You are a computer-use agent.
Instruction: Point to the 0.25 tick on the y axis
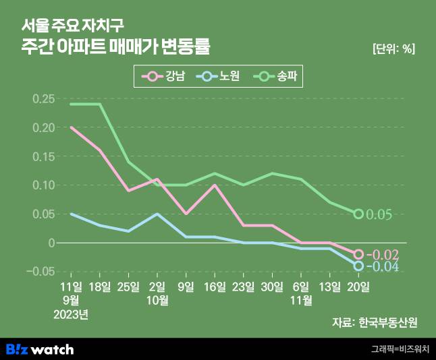coord(44,98)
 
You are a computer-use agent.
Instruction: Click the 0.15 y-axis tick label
coord(44,156)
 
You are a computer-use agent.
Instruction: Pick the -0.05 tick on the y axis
coord(42,271)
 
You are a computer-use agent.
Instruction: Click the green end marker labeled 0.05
coord(358,214)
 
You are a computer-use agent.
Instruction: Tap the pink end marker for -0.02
coord(358,254)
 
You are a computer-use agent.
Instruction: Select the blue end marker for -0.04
coord(358,266)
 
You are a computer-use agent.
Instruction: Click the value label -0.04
coord(383,267)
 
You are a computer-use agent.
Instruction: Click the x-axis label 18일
coord(100,287)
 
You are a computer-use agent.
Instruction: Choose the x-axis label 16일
coord(215,287)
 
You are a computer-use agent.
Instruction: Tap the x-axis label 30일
coord(272,287)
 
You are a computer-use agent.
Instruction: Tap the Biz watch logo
coord(40,349)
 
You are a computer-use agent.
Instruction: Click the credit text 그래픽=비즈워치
coord(400,349)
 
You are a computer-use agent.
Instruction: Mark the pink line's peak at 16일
coord(215,185)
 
